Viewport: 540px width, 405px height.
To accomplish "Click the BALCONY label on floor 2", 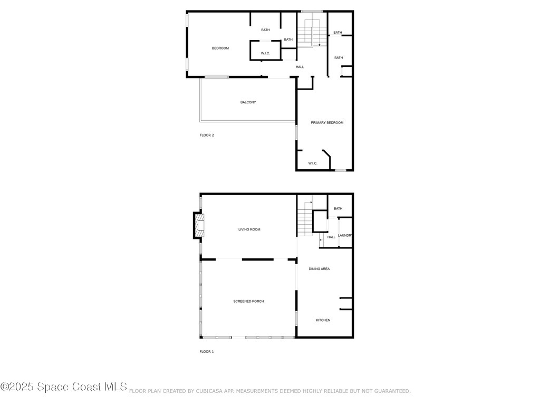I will pyautogui.click(x=248, y=102).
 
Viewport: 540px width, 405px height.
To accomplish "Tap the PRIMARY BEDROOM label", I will pyautogui.click(x=327, y=123).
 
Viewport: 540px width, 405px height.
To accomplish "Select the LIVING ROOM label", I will pyautogui.click(x=249, y=229).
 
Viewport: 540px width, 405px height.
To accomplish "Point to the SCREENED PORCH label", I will pyautogui.click(x=248, y=301).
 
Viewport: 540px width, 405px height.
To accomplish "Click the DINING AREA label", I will pyautogui.click(x=319, y=269).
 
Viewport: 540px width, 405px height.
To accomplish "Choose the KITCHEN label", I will pyautogui.click(x=323, y=320).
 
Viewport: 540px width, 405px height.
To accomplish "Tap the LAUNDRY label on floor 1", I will pyautogui.click(x=345, y=235).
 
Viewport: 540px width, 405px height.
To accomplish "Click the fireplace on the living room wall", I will pyautogui.click(x=198, y=225).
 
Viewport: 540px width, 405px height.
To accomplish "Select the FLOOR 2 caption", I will pyautogui.click(x=206, y=136).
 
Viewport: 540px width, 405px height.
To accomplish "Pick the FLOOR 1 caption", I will pyautogui.click(x=206, y=351).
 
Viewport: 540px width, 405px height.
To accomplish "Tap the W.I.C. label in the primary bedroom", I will pyautogui.click(x=313, y=163).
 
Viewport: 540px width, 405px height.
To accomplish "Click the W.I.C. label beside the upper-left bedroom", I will pyautogui.click(x=265, y=53).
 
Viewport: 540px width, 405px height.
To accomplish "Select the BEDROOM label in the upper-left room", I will pyautogui.click(x=220, y=49).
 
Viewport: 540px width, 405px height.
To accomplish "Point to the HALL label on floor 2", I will pyautogui.click(x=300, y=67).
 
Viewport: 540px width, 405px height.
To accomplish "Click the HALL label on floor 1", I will pyautogui.click(x=331, y=237).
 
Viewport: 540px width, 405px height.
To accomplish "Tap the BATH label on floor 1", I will pyautogui.click(x=338, y=209).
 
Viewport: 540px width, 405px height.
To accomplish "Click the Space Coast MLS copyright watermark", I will pyautogui.click(x=64, y=387).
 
